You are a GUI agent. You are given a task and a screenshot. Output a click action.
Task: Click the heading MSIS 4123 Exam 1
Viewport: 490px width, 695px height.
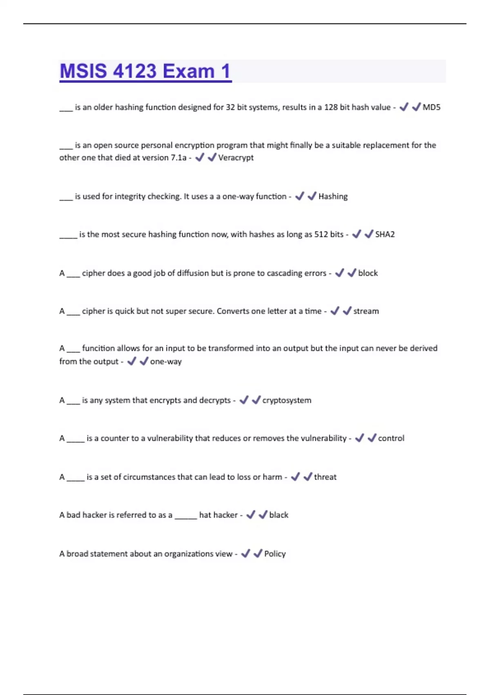[x=145, y=71]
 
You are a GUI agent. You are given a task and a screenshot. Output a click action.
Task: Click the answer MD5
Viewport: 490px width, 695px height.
[x=431, y=107]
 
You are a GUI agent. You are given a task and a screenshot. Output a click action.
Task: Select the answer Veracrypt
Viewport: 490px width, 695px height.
[x=236, y=158]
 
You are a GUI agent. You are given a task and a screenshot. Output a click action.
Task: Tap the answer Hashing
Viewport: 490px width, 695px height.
[x=333, y=197]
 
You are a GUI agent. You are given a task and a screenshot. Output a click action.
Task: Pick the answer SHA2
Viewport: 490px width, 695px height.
[x=385, y=235]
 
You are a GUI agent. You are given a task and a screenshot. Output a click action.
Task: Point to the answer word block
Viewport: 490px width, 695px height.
[x=367, y=273]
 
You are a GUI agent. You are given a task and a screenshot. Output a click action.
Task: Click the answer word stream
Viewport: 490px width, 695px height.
[x=366, y=311]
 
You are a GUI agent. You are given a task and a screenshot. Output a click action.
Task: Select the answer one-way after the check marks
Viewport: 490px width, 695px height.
[x=166, y=362]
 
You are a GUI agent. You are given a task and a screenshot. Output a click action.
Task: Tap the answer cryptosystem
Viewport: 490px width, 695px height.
[x=287, y=400]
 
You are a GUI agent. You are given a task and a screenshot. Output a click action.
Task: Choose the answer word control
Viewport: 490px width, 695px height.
[x=391, y=438]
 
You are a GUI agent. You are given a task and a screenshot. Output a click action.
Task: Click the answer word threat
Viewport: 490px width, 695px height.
[x=325, y=477]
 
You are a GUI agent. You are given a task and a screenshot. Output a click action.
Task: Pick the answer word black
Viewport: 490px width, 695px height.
[x=278, y=515]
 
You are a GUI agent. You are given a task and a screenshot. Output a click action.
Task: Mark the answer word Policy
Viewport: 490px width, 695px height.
[x=275, y=554]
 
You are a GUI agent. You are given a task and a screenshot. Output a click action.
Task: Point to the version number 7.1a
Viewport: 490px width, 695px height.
[x=178, y=158]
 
